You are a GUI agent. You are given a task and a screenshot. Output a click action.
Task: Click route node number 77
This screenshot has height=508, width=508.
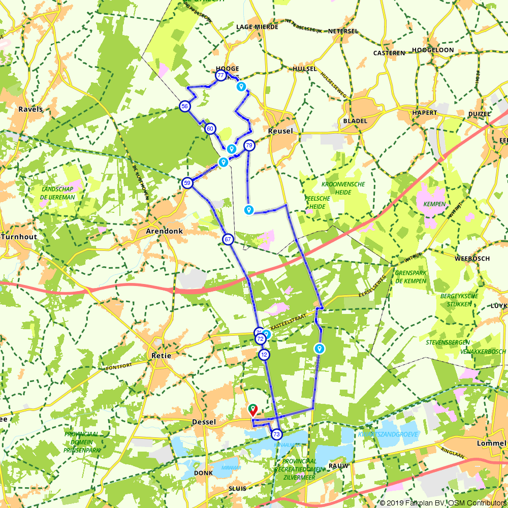[220, 76]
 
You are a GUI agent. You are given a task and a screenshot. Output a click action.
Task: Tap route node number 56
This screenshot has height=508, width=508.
[184, 106]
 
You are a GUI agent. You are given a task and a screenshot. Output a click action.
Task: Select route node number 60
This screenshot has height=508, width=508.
[210, 129]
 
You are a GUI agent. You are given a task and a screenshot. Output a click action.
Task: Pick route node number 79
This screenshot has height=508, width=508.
[249, 145]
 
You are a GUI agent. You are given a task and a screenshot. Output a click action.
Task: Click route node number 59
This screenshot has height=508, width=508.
[187, 183]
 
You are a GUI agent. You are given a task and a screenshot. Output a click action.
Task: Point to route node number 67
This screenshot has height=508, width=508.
[227, 239]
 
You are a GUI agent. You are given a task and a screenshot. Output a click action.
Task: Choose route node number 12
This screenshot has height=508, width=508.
[263, 355]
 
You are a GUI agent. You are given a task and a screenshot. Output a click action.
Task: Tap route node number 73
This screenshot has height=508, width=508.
[276, 434]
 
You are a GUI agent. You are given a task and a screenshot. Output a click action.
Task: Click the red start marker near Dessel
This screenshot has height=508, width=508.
[252, 409]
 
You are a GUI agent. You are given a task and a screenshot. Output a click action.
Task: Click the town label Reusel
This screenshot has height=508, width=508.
[280, 131]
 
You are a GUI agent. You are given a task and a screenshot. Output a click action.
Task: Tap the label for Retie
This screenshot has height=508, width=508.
[162, 356]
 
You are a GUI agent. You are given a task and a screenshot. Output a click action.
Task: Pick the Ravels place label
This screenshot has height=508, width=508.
[30, 109]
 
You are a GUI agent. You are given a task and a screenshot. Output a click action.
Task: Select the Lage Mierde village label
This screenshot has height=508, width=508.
[257, 27]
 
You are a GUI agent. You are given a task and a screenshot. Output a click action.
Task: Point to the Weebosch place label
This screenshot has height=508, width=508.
[472, 259]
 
